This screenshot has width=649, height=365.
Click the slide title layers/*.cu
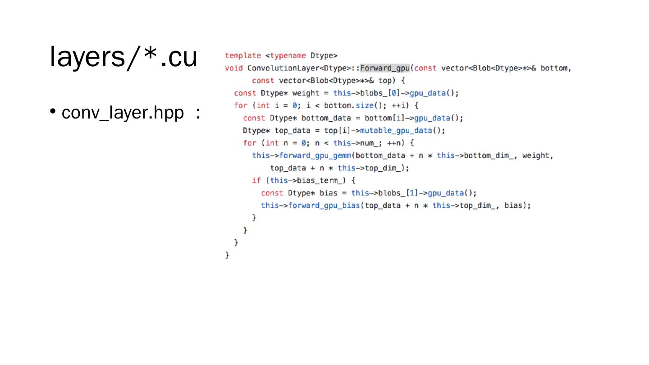(123, 58)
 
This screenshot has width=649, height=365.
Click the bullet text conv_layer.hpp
(123, 114)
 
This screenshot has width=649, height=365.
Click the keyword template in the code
(243, 56)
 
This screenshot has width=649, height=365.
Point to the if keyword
(256, 181)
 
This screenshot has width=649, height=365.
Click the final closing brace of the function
(227, 255)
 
